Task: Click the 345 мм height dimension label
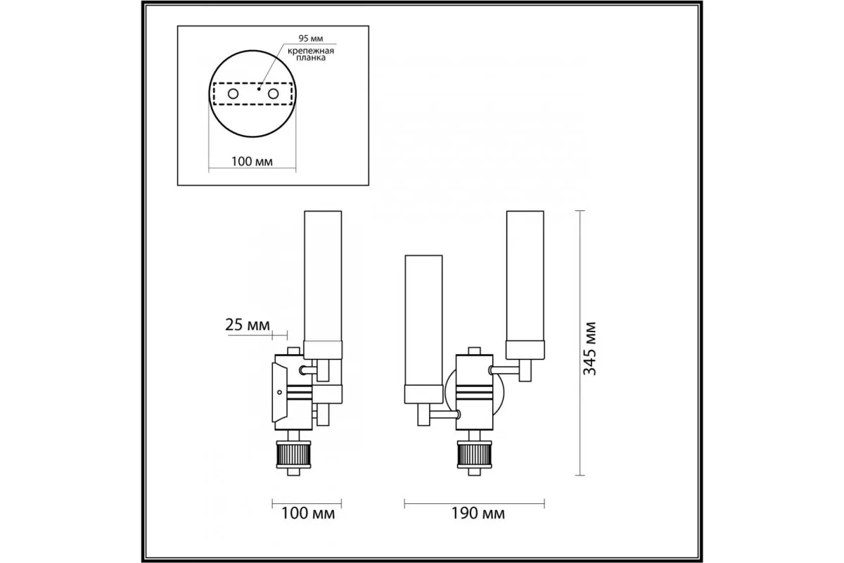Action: (589, 348)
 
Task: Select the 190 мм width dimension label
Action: (478, 514)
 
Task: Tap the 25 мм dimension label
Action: (248, 324)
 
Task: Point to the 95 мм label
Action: (311, 39)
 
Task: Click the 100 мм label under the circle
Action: (252, 161)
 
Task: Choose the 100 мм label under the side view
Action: (308, 514)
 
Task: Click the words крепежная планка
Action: (311, 54)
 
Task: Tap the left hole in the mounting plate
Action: (234, 94)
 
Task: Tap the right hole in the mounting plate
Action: (273, 94)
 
